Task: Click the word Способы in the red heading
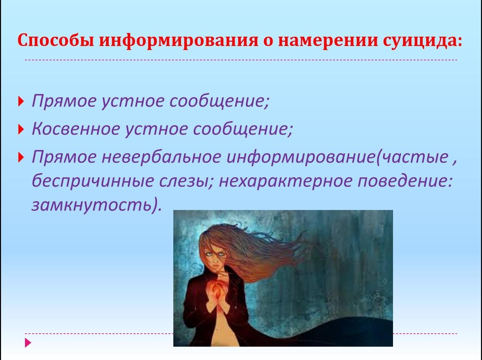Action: click(56, 40)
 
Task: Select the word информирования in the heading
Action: click(179, 40)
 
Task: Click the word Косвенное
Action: click(76, 129)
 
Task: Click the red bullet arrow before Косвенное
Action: click(21, 129)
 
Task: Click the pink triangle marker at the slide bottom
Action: click(28, 343)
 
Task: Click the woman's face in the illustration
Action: click(214, 259)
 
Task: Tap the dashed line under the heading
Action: click(241, 60)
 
